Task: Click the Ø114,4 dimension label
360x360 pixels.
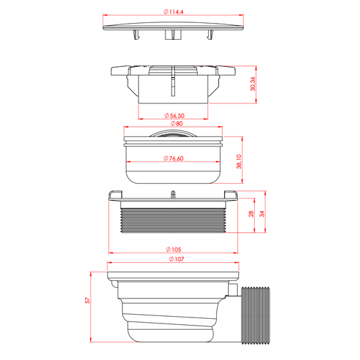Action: (174, 11)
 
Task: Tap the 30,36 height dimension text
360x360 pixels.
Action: (253, 84)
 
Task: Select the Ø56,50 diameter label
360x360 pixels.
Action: (174, 115)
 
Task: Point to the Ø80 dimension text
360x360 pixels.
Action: (176, 124)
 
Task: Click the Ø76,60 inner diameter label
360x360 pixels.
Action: (174, 159)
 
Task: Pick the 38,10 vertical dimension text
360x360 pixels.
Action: (239, 161)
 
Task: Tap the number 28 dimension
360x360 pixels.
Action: (251, 213)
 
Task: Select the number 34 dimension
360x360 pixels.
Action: (262, 213)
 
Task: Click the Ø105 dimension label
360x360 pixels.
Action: (174, 249)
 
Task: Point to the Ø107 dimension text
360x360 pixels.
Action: (176, 259)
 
